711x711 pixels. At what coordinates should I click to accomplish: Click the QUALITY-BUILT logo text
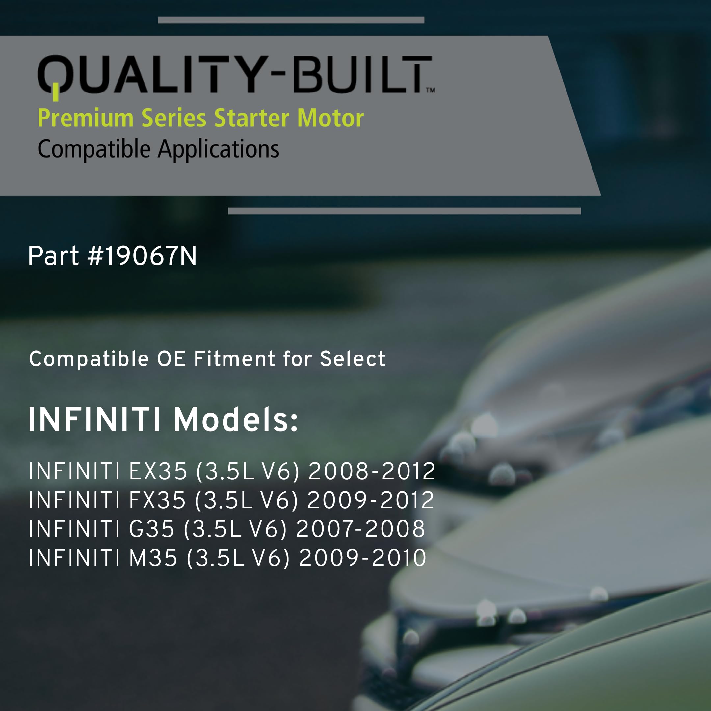(x=236, y=74)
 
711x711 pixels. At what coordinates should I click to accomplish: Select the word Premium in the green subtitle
(x=85, y=118)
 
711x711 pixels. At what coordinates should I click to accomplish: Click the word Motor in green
(x=330, y=118)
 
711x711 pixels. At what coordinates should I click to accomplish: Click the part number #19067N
(x=142, y=256)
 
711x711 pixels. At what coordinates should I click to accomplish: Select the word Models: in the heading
(x=236, y=420)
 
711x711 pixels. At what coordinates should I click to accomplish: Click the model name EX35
(x=158, y=471)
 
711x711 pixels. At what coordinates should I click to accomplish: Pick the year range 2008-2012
(x=372, y=471)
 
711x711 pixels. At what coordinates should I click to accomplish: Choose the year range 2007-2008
(x=361, y=529)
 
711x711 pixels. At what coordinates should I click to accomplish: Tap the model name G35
(x=152, y=529)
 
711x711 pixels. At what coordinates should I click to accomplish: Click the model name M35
(x=153, y=558)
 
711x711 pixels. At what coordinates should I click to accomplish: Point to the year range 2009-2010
(x=362, y=558)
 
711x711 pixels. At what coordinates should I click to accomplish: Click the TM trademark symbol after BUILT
(x=431, y=90)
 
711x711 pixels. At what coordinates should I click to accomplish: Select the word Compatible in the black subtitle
(x=94, y=150)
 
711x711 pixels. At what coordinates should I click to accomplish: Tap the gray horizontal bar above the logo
(x=291, y=20)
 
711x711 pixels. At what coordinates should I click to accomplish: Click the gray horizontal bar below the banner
(x=405, y=211)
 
